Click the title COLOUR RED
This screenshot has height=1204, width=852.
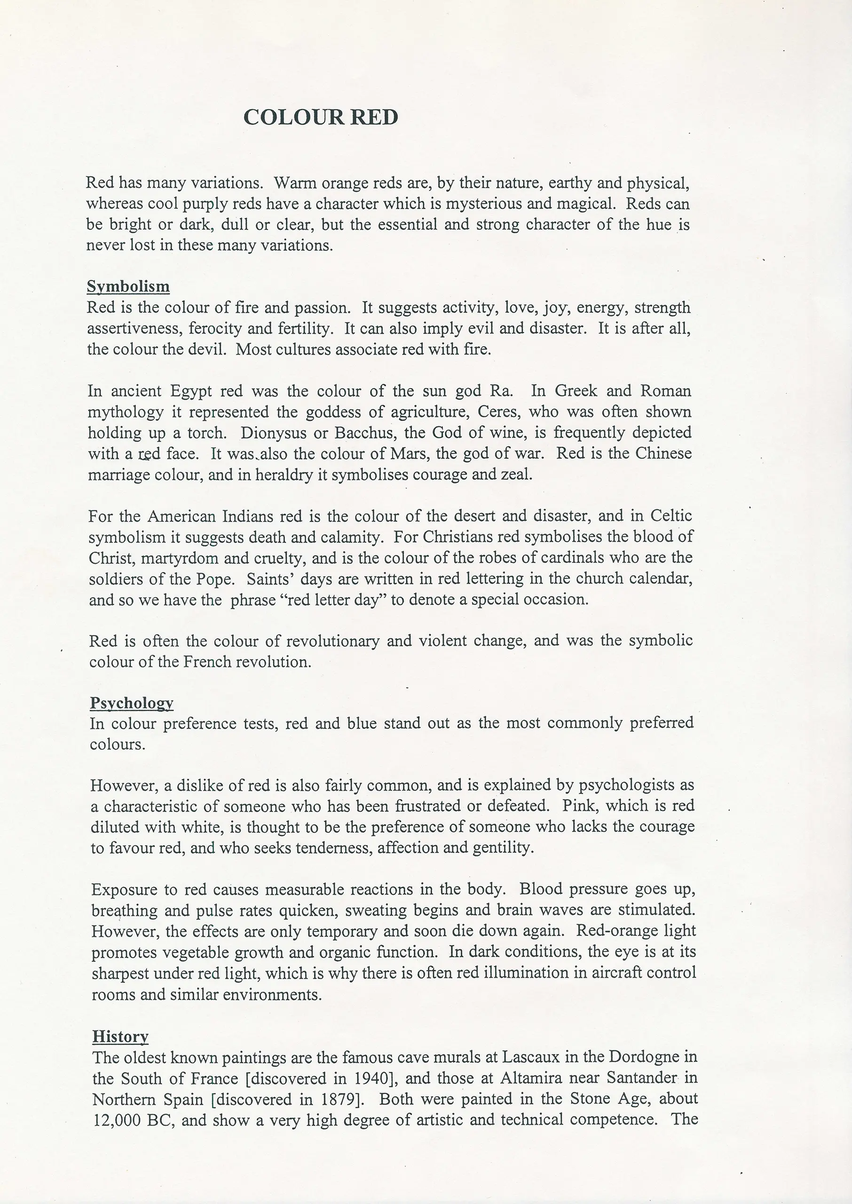point(321,117)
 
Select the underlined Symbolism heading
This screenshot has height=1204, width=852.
point(128,286)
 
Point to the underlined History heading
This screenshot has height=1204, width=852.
point(120,1036)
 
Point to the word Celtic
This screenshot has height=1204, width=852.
point(671,516)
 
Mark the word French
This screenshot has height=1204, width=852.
point(207,662)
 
